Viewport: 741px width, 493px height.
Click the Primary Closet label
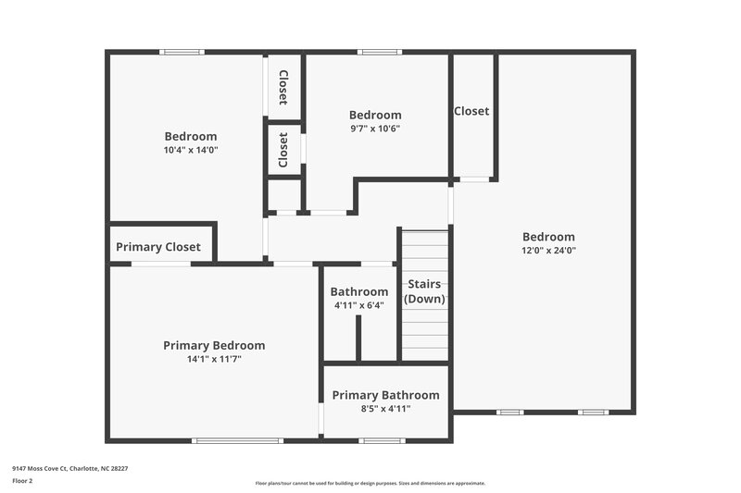coord(157,247)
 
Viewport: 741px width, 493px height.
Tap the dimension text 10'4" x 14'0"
coord(191,150)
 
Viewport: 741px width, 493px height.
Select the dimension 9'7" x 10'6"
coord(374,129)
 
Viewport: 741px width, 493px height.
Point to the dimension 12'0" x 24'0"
coord(548,250)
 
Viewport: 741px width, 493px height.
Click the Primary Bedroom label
coord(214,345)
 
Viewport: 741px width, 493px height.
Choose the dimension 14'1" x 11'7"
coord(214,359)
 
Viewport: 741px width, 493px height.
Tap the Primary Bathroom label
coord(385,395)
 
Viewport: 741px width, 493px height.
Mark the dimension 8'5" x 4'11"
coord(385,408)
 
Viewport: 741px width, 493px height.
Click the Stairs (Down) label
coord(424,291)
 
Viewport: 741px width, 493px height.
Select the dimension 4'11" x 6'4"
coord(358,305)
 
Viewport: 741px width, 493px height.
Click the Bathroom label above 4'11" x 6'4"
coord(358,291)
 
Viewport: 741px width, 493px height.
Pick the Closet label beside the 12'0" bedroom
coord(471,111)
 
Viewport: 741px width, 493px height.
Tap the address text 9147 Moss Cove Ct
coord(70,469)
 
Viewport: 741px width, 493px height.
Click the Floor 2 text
coord(23,482)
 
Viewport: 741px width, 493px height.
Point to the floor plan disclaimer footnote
coord(370,483)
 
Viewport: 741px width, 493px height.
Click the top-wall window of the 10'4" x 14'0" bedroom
coord(182,52)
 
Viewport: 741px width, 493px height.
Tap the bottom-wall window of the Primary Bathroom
coord(382,440)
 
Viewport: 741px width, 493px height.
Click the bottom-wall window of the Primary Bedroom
coord(224,440)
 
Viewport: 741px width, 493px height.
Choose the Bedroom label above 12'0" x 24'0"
coord(548,237)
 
